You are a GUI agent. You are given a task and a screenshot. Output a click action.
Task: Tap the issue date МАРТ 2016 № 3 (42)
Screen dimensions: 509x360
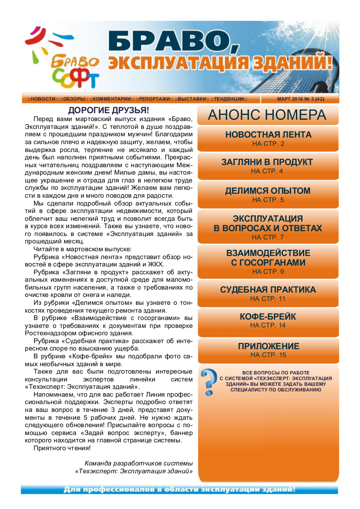tap(300, 99)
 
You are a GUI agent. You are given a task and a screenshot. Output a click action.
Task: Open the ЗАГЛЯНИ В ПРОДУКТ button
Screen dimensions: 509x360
tap(267, 166)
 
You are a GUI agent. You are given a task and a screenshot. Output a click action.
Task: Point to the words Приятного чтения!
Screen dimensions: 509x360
tap(62, 448)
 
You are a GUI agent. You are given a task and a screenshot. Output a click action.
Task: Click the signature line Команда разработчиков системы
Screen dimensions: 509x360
tap(139, 463)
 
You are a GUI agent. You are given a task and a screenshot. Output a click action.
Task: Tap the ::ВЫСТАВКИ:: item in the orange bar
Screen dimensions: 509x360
tap(191, 99)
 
